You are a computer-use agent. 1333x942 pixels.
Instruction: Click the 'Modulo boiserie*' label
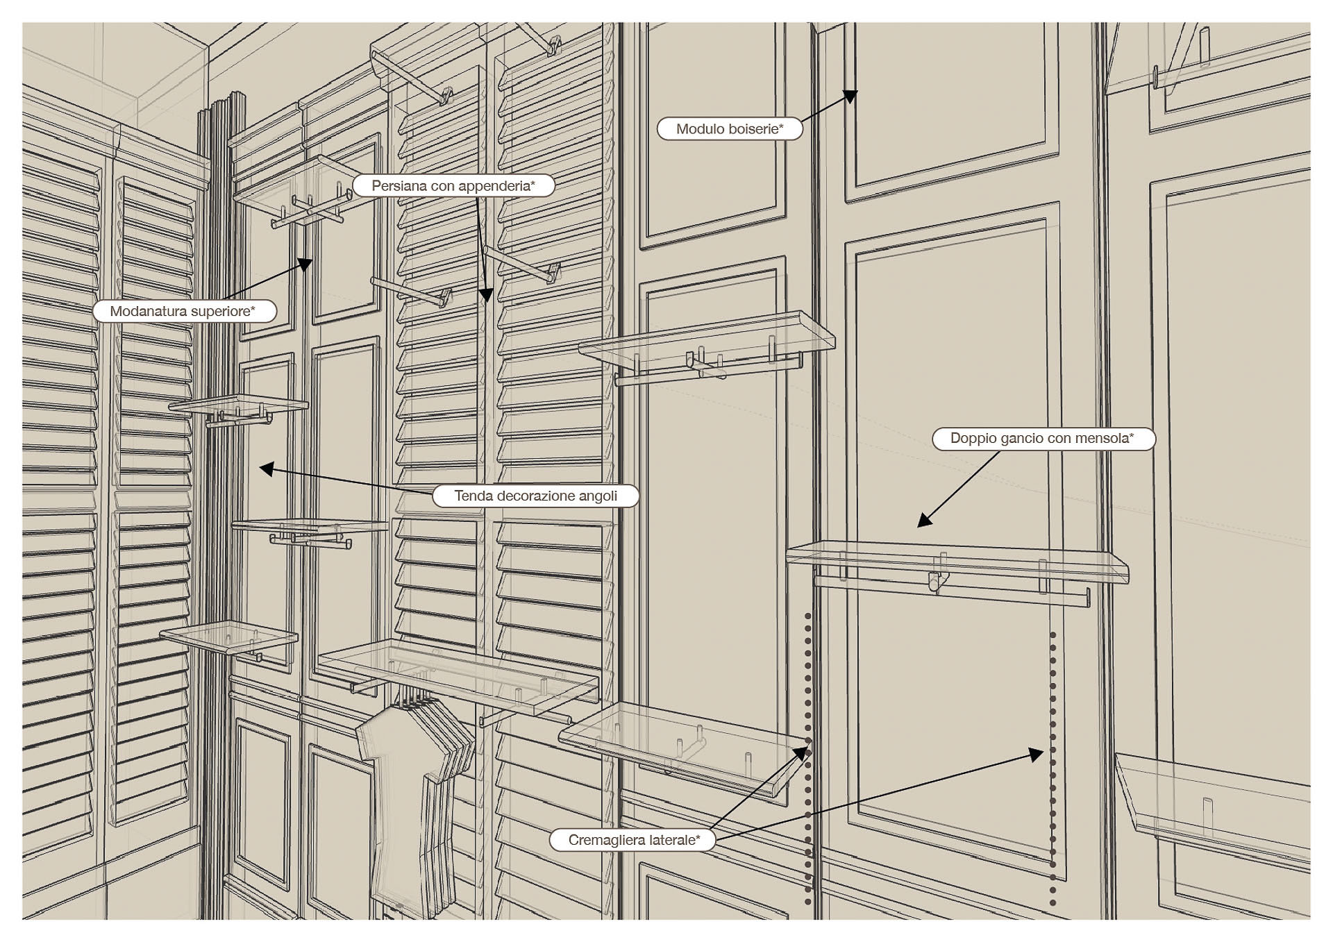coord(729,129)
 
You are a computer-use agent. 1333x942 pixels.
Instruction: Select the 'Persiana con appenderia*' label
coord(453,186)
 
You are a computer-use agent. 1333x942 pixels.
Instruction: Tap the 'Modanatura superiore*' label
coord(183,311)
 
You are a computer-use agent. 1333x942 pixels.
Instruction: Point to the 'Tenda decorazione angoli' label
coord(535,496)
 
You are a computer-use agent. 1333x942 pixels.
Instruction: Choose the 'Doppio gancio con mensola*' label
coord(1042,439)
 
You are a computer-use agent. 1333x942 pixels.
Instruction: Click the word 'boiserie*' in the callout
coord(755,129)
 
